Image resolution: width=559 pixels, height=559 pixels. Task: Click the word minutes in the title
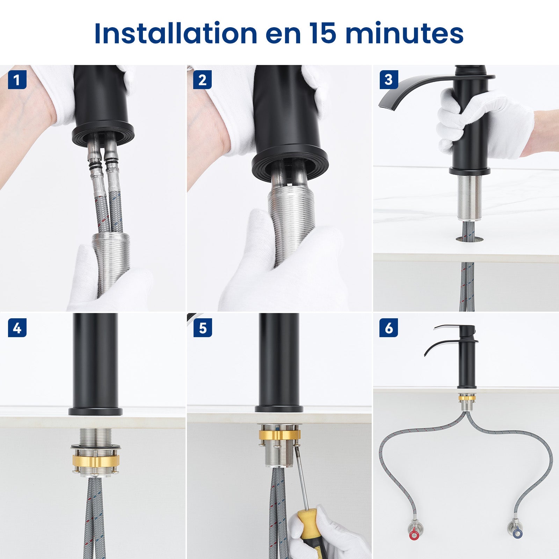point(404,34)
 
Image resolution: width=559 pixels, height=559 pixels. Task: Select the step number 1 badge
point(17,80)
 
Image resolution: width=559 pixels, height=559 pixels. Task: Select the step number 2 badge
point(203,80)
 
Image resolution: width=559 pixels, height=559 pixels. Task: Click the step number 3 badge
point(389,80)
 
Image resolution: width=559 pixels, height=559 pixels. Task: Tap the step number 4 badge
point(17,328)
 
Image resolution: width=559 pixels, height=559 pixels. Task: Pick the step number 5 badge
point(203,328)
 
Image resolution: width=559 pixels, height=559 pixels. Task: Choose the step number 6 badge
point(389,328)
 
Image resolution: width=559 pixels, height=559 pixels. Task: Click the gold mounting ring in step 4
point(95,460)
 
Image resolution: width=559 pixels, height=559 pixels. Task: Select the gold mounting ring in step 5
point(279,435)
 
